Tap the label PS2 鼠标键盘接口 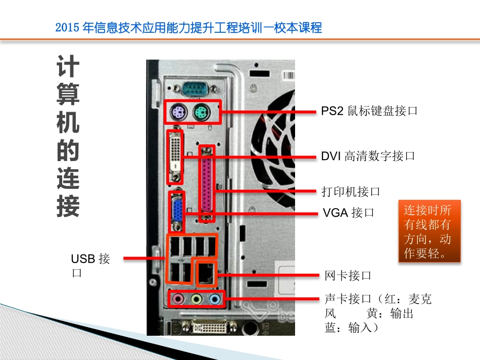(369, 111)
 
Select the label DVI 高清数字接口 (368, 156)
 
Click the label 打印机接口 (351, 191)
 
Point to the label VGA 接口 (349, 213)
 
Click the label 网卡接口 (348, 275)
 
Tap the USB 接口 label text (90, 266)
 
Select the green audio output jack (197, 299)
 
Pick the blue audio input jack (215, 299)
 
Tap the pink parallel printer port (207, 184)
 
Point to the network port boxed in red (205, 273)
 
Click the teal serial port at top (194, 90)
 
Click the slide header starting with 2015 (188, 28)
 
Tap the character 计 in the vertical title (67, 67)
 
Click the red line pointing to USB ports (144, 259)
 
